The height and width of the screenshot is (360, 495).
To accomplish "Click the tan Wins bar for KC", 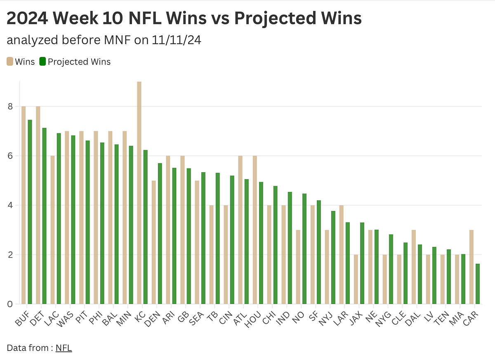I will click(139, 193).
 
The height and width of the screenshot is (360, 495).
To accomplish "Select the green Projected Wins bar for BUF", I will click(30, 212).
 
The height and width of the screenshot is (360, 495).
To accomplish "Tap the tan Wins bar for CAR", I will click(471, 267).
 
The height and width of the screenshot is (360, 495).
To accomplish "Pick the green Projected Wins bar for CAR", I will click(477, 284).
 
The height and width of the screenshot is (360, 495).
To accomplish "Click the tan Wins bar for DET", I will click(38, 205).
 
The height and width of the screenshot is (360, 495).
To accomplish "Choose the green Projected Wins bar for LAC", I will click(59, 218).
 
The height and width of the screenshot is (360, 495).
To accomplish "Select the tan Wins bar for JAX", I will click(356, 279).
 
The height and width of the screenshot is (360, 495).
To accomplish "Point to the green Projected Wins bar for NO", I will click(304, 249).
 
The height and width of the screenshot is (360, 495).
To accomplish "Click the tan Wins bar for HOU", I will click(255, 230).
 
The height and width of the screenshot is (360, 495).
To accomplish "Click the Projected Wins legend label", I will click(79, 62).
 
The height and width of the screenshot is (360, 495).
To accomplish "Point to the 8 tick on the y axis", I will click(10, 107).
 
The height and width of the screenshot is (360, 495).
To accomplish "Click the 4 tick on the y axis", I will click(10, 205).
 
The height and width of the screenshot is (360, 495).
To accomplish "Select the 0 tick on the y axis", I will click(10, 304).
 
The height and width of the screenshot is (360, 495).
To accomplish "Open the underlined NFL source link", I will click(64, 348).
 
